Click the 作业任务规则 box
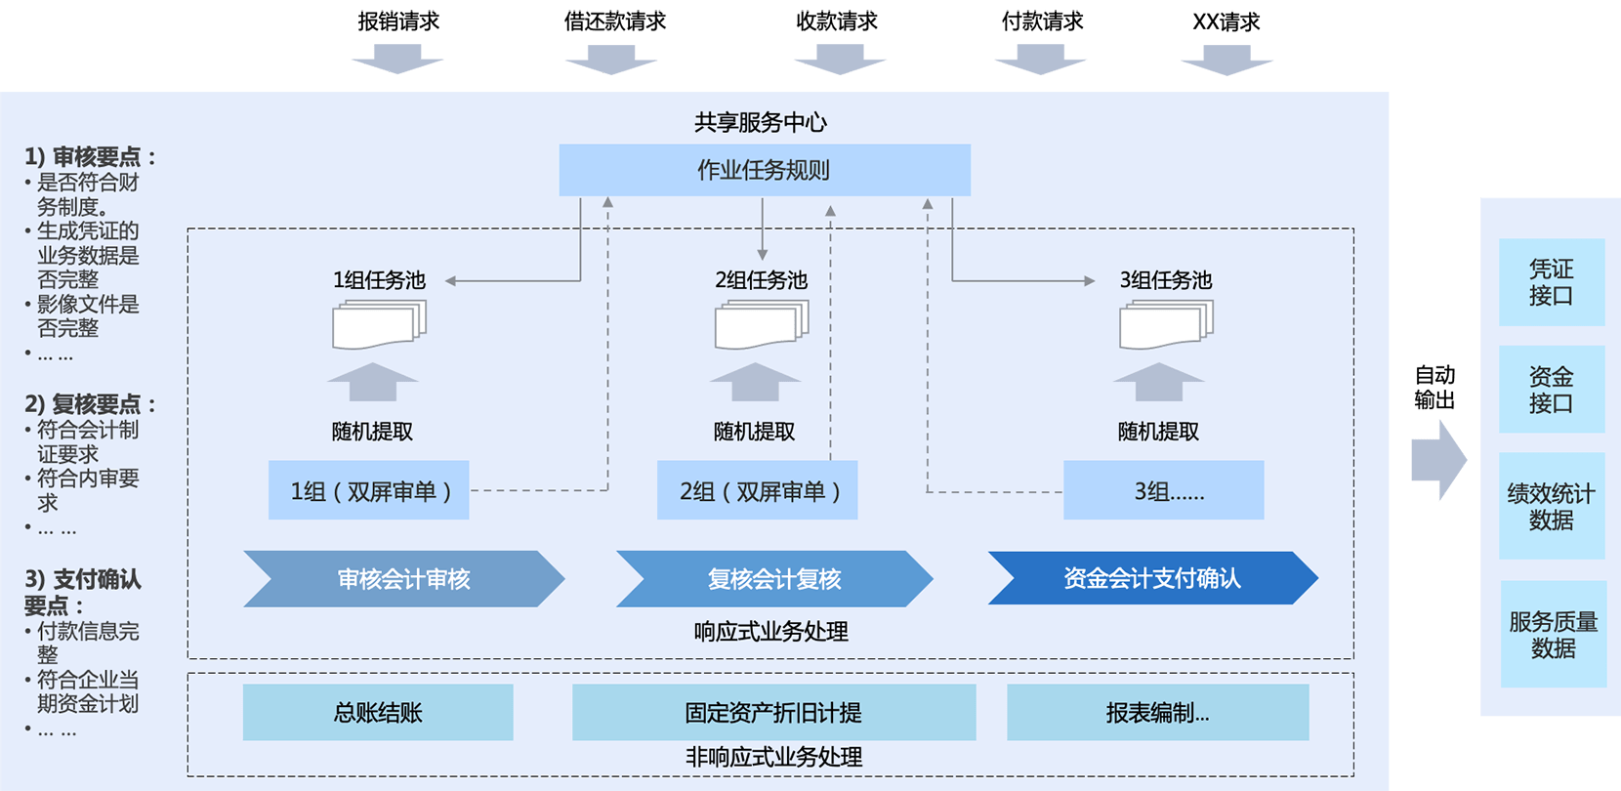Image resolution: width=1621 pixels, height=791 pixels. click(765, 170)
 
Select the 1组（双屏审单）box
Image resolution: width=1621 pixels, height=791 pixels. click(369, 490)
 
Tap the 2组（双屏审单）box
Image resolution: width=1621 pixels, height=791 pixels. click(758, 490)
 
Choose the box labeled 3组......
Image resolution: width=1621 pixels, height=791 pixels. click(1164, 490)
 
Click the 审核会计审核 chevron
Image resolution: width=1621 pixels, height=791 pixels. click(403, 579)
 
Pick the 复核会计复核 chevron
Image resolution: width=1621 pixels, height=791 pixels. click(773, 579)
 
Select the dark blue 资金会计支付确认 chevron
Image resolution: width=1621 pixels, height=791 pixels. click(1152, 578)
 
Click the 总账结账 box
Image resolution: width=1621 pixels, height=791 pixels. click(378, 712)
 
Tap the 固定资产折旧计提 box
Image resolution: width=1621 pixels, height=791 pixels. click(773, 712)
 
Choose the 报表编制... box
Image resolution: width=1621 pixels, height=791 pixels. click(1157, 712)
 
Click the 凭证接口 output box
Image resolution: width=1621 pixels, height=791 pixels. click(1552, 282)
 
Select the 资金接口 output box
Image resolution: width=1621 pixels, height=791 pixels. click(1552, 389)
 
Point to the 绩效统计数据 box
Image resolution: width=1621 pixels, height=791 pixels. click(1552, 506)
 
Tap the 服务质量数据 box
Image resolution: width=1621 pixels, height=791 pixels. click(1554, 634)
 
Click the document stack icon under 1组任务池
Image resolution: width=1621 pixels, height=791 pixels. click(379, 324)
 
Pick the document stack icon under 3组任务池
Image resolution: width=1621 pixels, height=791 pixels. click(1166, 324)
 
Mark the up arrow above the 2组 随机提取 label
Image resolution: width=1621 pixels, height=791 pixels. click(755, 381)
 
